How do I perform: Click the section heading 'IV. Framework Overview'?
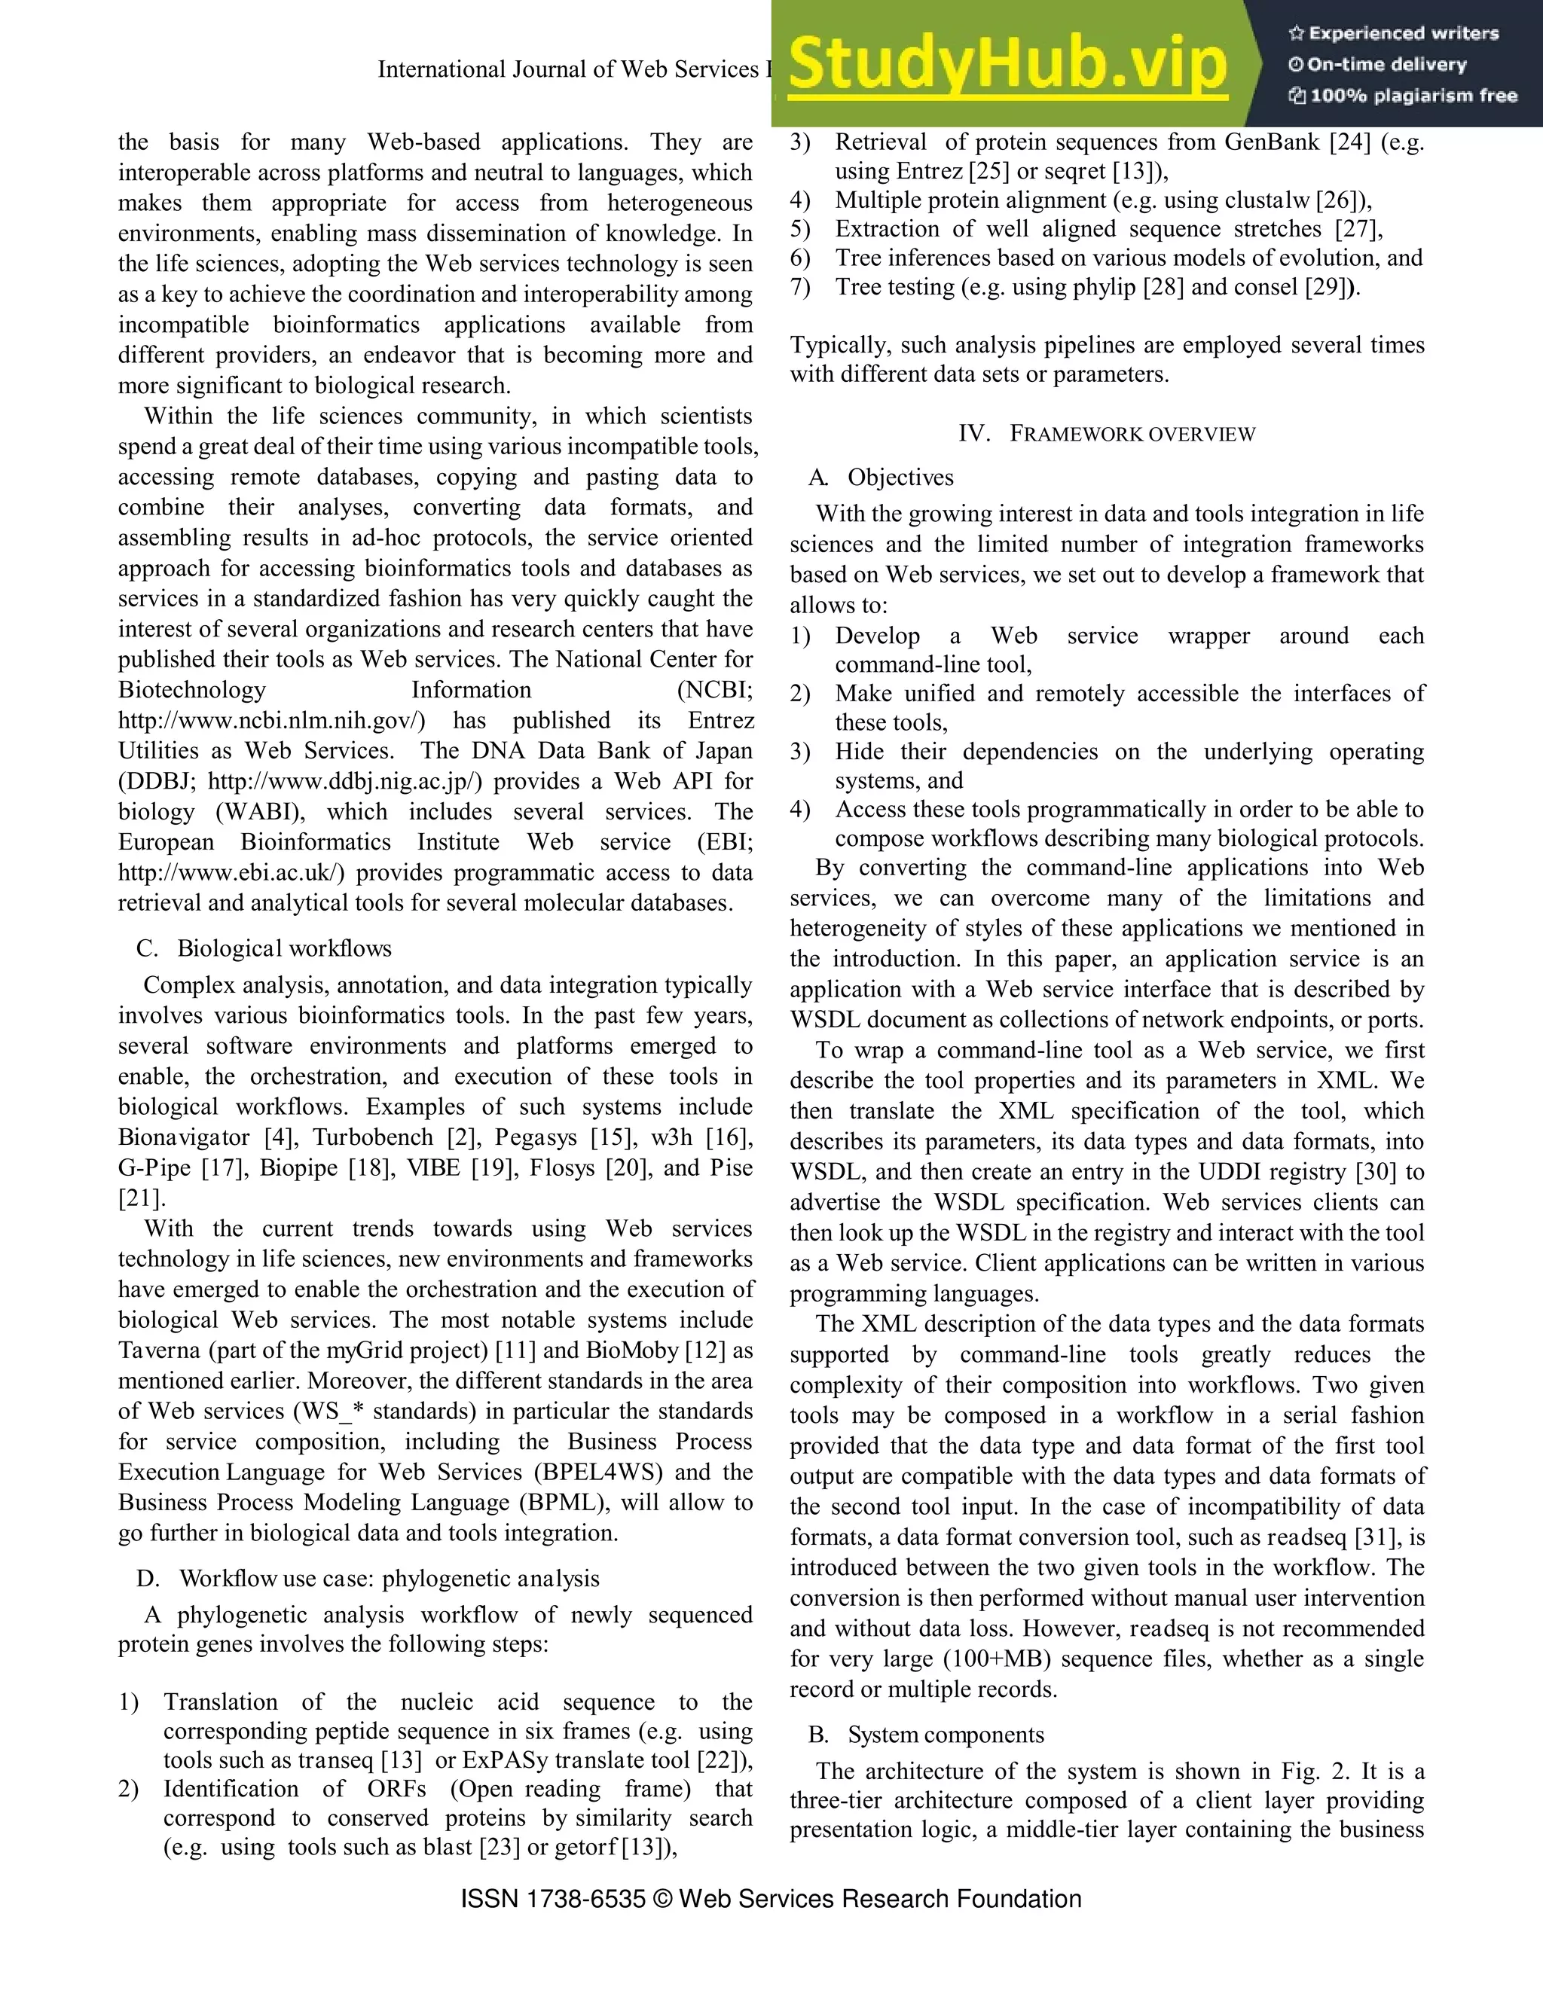coord(1107,434)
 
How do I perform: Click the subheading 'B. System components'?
coord(926,1735)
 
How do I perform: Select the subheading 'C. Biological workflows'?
coord(264,948)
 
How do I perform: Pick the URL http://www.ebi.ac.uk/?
coord(231,873)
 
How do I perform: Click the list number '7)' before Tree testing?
coord(801,287)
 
